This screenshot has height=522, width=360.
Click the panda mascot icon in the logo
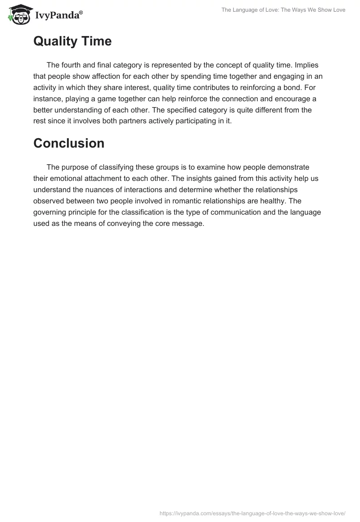coord(18,14)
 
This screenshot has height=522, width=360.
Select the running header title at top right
coord(283,10)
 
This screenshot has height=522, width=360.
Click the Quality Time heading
coord(72,41)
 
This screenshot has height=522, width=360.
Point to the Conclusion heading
coord(69,143)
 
